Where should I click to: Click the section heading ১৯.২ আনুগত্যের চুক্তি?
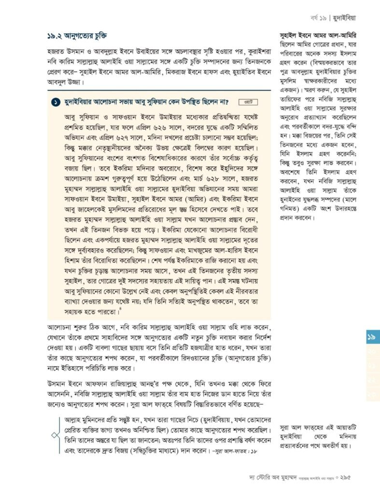(x=77, y=36)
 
